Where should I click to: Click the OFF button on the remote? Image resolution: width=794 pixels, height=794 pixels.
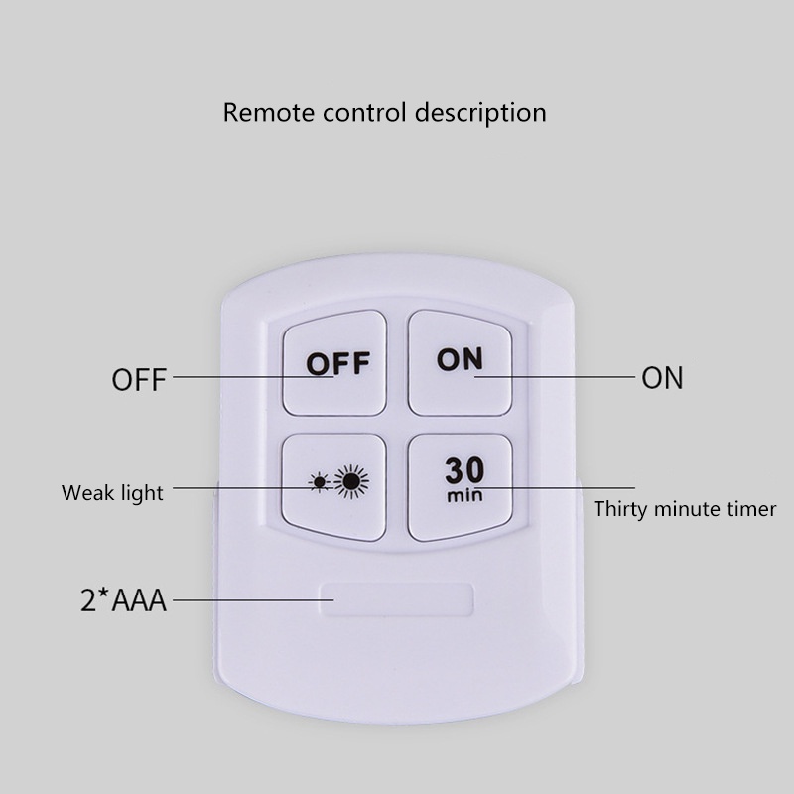(334, 363)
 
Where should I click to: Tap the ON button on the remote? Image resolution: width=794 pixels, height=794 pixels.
(460, 361)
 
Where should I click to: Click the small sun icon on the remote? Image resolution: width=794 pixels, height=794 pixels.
(319, 484)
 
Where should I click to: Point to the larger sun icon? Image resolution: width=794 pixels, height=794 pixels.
(350, 483)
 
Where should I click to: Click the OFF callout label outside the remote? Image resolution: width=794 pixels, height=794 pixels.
(140, 379)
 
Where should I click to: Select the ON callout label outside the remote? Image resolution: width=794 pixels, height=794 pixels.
(662, 378)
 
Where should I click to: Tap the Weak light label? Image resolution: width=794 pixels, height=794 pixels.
(112, 492)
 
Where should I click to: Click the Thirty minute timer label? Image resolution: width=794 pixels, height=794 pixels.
(685, 510)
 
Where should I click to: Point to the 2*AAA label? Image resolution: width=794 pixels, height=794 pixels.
(123, 599)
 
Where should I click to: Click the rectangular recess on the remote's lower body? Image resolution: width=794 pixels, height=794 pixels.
(397, 600)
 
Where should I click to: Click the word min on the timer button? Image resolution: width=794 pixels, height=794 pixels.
(463, 494)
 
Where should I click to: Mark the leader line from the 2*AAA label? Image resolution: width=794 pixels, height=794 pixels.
(248, 599)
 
